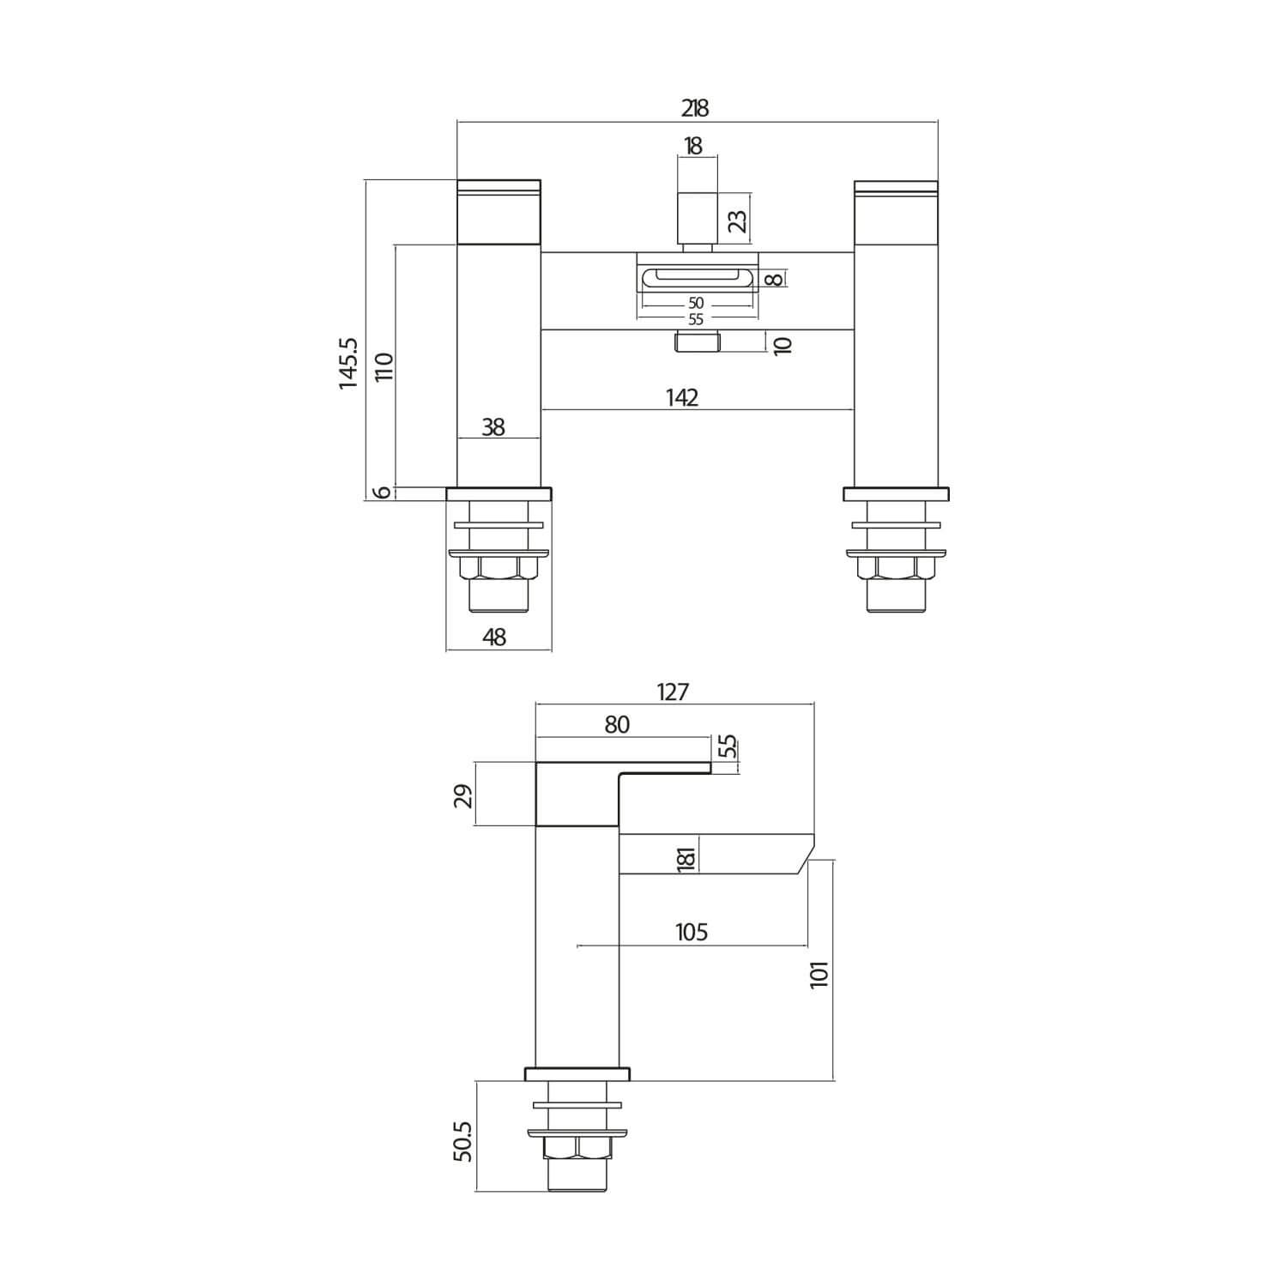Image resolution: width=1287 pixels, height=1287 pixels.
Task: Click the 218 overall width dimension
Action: coord(695,109)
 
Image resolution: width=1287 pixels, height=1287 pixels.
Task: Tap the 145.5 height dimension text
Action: coord(348,364)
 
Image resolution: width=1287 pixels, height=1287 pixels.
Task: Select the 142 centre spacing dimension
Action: coord(682,397)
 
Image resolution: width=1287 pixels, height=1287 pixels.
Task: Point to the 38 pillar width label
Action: coord(493,426)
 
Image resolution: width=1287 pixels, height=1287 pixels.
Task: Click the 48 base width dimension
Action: coord(495,637)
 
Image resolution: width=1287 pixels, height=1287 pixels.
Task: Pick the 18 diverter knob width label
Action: coord(692,146)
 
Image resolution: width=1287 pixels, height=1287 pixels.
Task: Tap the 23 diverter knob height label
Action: coord(737,221)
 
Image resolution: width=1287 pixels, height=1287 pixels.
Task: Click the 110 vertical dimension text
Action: coord(384,367)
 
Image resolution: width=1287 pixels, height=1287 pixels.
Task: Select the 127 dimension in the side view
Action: coord(673,692)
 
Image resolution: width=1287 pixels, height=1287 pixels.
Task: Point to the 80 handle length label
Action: coord(617,725)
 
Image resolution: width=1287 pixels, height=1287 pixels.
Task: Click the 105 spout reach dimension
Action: coord(692,932)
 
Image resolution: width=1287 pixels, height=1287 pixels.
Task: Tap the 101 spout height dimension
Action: coord(820,975)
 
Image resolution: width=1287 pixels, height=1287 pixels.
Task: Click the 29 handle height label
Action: coord(463,795)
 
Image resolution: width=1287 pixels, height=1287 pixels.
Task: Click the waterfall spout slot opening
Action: coord(697,277)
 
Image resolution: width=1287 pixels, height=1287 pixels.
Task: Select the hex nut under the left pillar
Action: coord(498,568)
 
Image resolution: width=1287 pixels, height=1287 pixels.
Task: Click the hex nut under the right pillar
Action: coord(896,568)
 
